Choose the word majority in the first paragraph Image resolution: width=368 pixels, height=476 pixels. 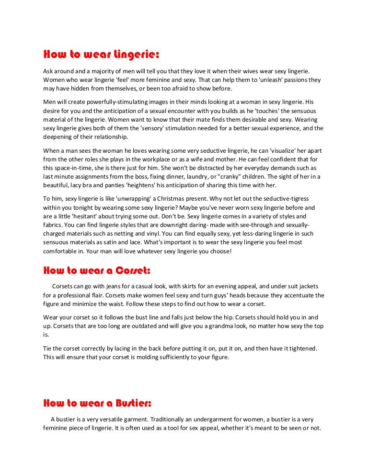[101, 70]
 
